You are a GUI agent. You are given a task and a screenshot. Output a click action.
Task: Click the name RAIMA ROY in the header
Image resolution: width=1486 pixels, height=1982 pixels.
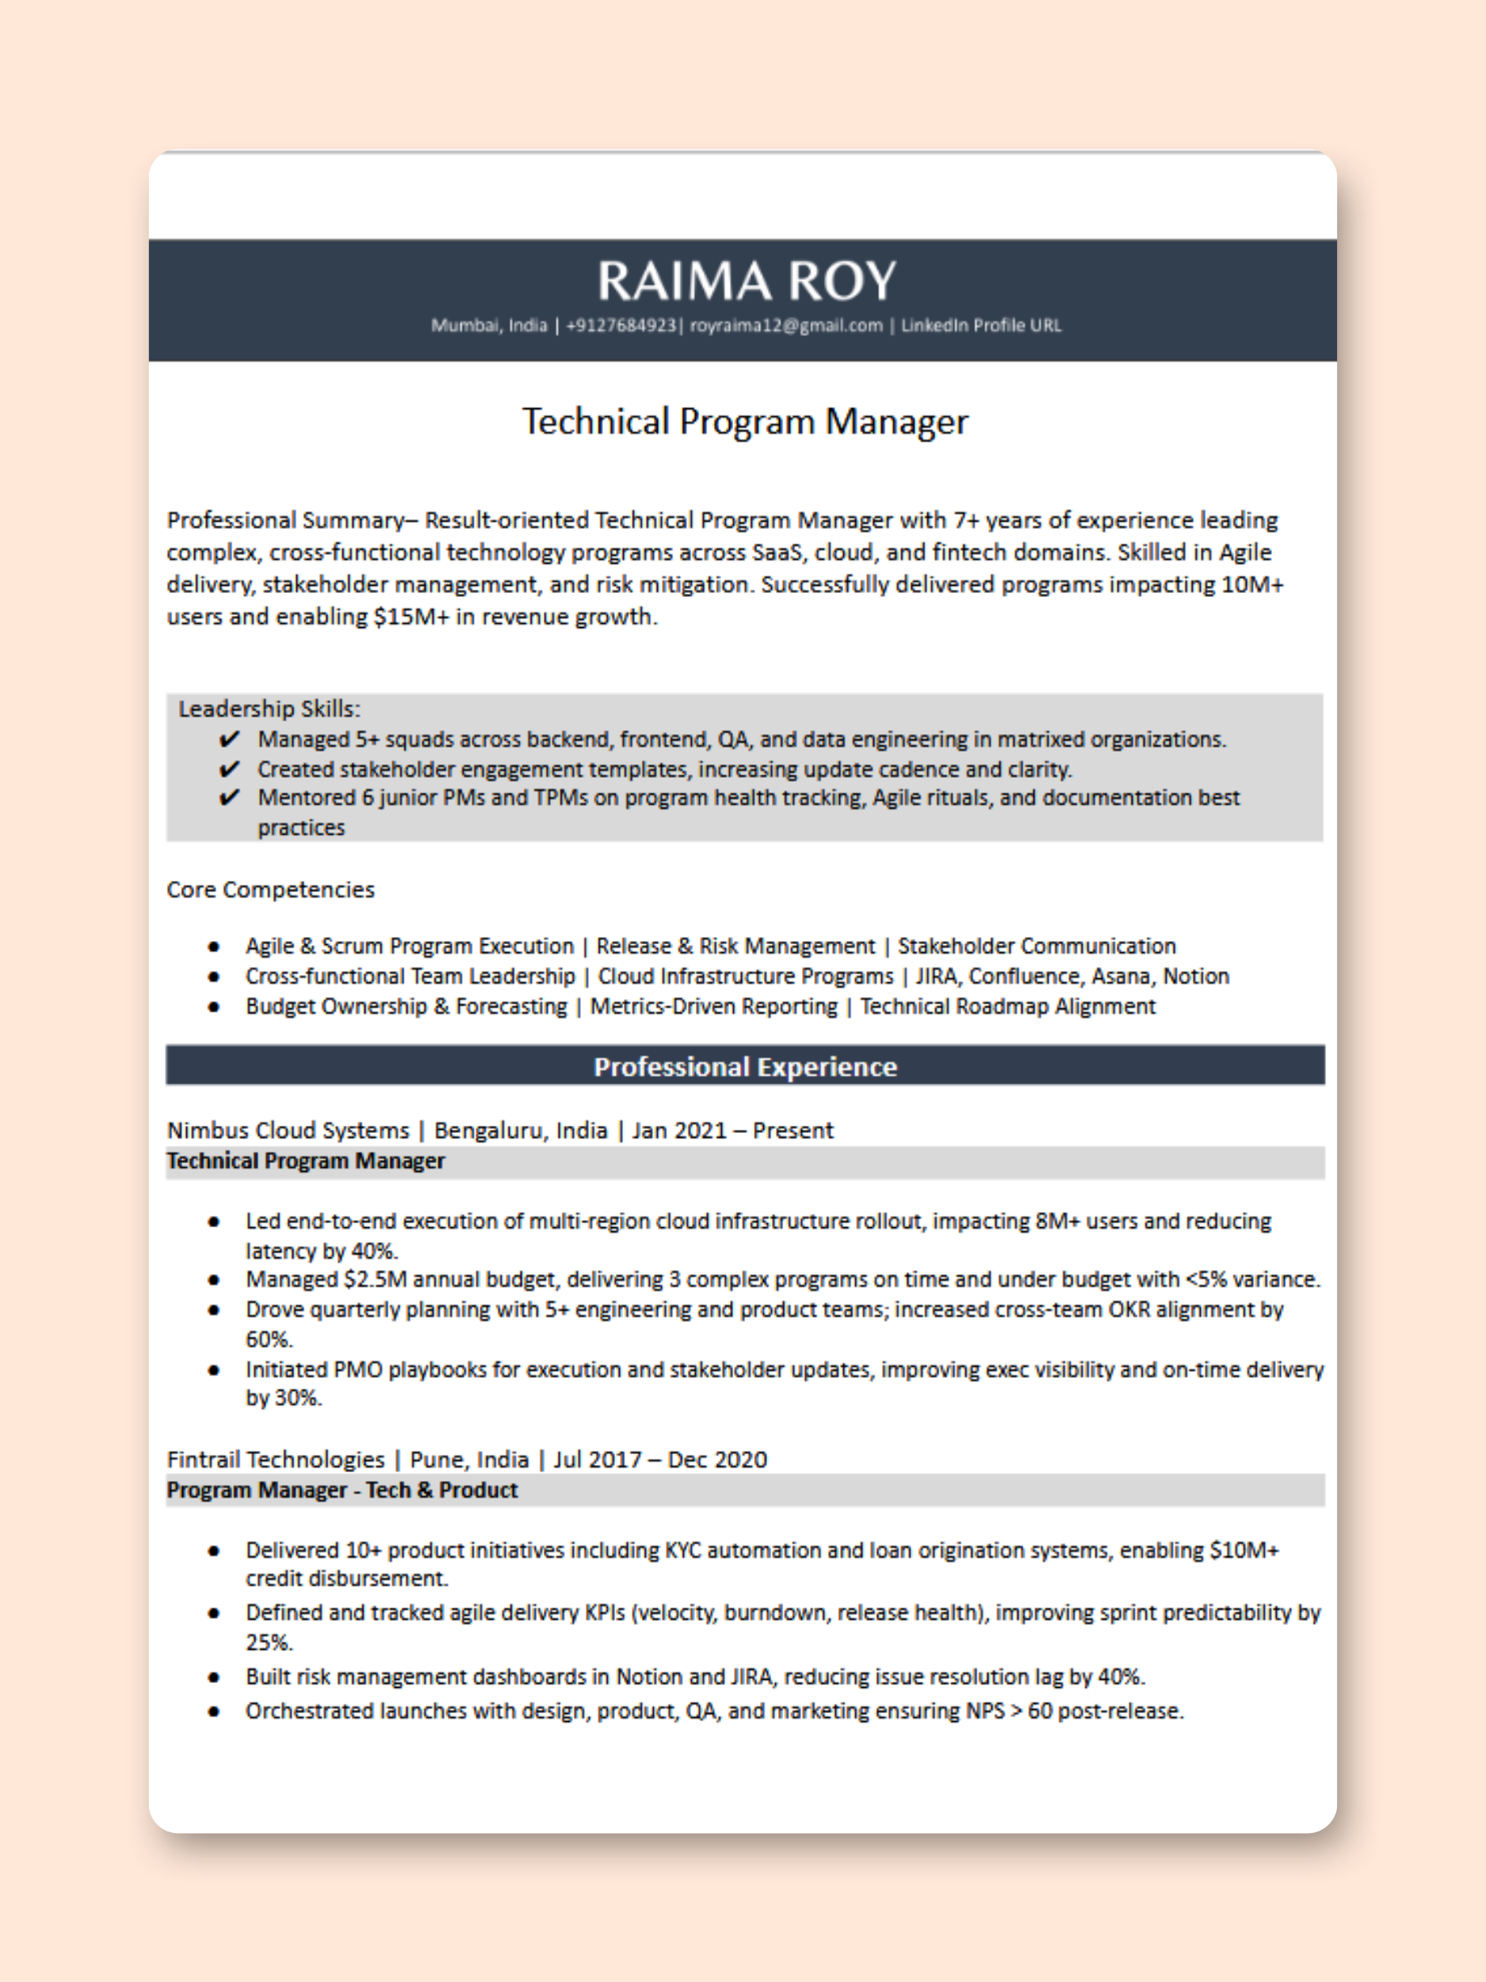click(745, 281)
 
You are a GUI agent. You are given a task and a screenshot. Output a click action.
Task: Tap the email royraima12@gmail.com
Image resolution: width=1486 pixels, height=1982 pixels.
click(785, 325)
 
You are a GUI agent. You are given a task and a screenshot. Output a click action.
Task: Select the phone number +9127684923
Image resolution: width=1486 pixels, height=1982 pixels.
click(620, 325)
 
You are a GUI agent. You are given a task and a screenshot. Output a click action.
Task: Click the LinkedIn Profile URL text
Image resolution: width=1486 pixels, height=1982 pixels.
click(981, 325)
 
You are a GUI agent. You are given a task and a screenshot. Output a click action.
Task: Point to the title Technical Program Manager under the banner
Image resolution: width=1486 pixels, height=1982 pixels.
click(744, 421)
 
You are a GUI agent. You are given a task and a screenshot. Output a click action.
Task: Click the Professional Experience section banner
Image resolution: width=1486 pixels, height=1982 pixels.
click(744, 1066)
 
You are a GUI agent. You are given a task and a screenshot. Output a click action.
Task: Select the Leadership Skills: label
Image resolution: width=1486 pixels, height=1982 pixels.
click(269, 709)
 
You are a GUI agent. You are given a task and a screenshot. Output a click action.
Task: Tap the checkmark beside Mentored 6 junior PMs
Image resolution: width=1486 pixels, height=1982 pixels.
click(229, 798)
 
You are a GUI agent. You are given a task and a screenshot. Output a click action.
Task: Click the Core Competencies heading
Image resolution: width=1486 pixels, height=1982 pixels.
click(270, 890)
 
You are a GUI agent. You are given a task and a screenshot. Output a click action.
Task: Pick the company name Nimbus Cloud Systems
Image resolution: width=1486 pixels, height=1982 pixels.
click(288, 1130)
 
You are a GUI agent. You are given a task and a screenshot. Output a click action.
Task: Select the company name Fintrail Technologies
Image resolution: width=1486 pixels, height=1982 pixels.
click(275, 1460)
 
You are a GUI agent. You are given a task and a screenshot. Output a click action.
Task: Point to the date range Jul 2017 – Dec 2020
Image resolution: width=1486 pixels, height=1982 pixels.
click(659, 1460)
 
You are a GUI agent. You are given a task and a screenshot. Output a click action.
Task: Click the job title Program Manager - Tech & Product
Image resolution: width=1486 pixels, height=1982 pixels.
click(342, 1490)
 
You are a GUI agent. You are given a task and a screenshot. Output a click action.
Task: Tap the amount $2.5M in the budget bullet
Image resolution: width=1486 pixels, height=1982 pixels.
click(374, 1280)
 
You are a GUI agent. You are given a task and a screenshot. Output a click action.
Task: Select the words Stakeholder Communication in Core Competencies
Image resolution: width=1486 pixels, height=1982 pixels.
click(1037, 946)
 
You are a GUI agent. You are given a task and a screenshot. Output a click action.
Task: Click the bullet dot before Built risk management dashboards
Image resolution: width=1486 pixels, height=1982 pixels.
click(213, 1678)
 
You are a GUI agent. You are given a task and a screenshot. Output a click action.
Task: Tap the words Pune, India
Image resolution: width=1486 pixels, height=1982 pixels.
click(468, 1460)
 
